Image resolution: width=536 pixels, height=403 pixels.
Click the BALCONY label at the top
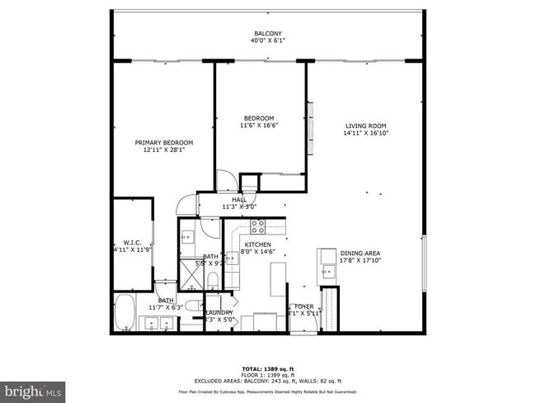tap(268, 34)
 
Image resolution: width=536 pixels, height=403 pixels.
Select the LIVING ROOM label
tap(366, 125)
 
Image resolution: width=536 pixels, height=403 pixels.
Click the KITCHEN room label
tap(257, 245)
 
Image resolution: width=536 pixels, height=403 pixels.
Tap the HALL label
tap(239, 200)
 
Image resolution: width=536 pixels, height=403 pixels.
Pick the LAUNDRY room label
tap(219, 312)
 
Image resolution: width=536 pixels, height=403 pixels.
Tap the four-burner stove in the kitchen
tap(257, 227)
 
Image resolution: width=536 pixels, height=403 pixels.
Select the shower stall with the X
tap(191, 272)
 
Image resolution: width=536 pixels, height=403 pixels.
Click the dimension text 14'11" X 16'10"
tap(366, 133)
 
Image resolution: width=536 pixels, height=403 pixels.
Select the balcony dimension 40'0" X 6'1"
tap(268, 42)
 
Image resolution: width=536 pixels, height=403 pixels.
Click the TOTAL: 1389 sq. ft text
tap(268, 367)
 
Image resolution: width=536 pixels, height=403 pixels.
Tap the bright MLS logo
tap(33, 388)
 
